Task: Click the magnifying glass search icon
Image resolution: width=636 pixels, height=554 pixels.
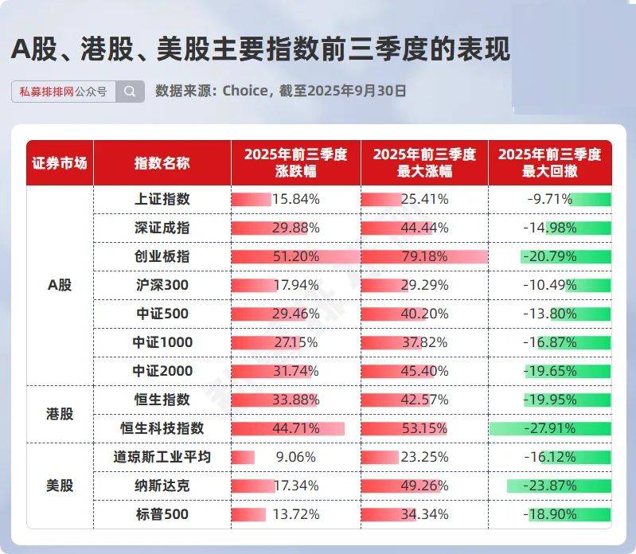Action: [x=130, y=92]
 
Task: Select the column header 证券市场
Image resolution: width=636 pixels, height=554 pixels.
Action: [x=60, y=162]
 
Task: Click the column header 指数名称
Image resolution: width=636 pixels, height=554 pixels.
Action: [x=162, y=162]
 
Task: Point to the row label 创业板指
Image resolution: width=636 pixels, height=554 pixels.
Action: [x=162, y=256]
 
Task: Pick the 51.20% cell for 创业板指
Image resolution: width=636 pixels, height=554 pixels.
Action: [x=295, y=256]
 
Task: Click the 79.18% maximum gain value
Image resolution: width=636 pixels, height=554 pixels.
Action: [x=424, y=256]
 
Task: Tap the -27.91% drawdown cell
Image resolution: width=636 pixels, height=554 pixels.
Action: [x=551, y=428]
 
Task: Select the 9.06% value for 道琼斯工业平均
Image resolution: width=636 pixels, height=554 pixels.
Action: [x=295, y=457]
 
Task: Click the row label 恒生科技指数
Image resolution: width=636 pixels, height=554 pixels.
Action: [x=162, y=428]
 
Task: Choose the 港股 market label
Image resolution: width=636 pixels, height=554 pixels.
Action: [x=60, y=414]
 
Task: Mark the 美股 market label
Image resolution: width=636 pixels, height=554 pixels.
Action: [x=60, y=486]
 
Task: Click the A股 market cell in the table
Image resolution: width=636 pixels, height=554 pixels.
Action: [x=60, y=285]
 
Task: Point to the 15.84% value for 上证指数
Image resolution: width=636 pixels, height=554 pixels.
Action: [x=295, y=199]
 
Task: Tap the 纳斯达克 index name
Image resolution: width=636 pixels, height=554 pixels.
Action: [x=162, y=486]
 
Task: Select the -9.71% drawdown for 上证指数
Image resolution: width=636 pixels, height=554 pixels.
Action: [x=551, y=199]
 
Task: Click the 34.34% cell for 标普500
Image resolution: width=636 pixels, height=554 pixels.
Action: [x=424, y=514]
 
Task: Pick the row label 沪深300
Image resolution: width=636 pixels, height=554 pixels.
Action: [x=162, y=285]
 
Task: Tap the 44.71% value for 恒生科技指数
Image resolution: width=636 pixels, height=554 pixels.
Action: [x=295, y=428]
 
